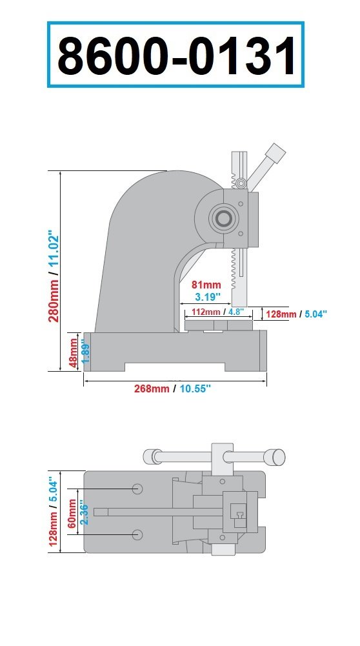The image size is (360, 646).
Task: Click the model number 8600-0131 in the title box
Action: tap(176, 56)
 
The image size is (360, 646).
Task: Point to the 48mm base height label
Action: tap(74, 352)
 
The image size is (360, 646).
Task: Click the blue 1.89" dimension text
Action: tap(85, 352)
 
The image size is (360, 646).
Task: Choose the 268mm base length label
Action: tap(153, 389)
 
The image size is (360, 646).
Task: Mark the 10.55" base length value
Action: tap(195, 389)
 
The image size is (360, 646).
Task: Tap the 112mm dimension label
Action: tap(205, 312)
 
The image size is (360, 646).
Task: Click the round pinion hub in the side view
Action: tap(224, 219)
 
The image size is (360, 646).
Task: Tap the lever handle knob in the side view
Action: tap(275, 153)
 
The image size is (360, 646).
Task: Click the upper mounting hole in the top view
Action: tap(137, 489)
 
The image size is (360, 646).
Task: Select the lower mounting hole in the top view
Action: tap(137, 534)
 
